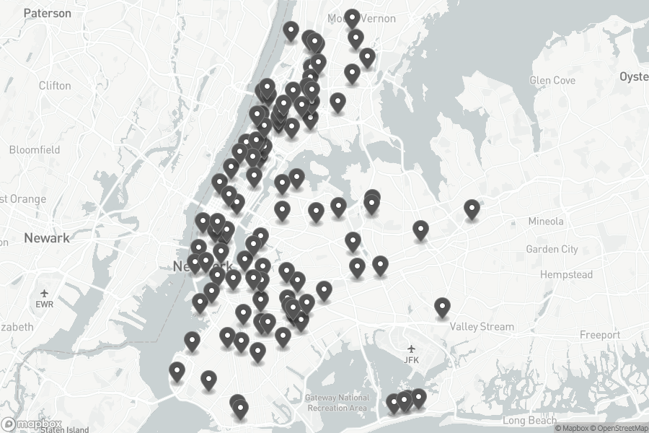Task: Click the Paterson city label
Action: click(48, 13)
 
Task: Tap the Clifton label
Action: click(55, 85)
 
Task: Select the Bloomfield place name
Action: click(35, 149)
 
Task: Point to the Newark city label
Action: click(47, 237)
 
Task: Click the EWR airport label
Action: click(45, 304)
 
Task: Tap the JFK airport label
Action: click(412, 359)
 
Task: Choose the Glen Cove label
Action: click(552, 80)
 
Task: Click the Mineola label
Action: click(546, 221)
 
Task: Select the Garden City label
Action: click(552, 249)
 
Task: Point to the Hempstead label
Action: click(565, 274)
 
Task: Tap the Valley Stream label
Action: click(482, 326)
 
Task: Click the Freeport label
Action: click(600, 335)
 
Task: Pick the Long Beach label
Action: click(530, 420)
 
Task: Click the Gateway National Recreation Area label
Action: click(337, 403)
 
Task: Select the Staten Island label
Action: click(64, 429)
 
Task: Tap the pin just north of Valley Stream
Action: click(442, 307)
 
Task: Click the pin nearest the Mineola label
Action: click(472, 209)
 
